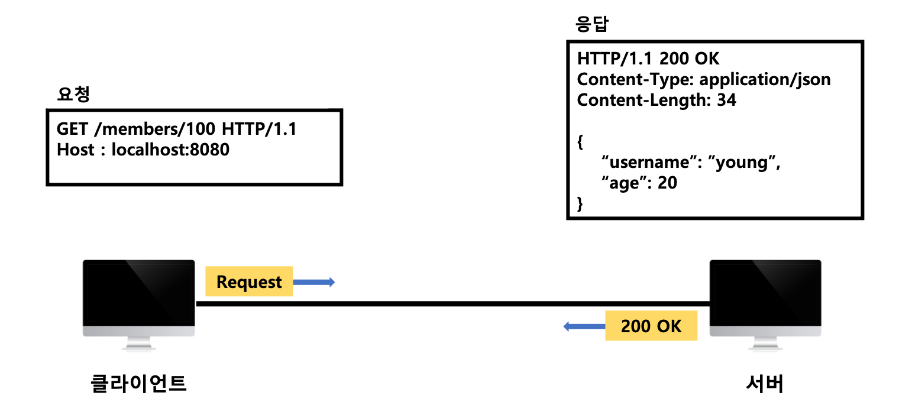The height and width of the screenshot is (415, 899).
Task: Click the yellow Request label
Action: (x=249, y=281)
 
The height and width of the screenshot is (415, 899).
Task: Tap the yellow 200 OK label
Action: (x=651, y=326)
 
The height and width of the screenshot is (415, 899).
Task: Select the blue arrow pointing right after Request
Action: (x=314, y=282)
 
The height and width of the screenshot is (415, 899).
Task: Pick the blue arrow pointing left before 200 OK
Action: (x=584, y=326)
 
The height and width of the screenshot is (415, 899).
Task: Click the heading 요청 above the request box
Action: (x=73, y=95)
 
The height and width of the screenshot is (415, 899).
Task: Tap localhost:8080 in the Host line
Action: (x=170, y=150)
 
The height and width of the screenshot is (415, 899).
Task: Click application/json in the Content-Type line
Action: (x=765, y=79)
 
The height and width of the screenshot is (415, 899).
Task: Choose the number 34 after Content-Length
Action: (x=726, y=100)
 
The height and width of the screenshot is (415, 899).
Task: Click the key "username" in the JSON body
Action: (x=651, y=163)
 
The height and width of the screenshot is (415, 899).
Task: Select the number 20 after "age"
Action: (x=667, y=183)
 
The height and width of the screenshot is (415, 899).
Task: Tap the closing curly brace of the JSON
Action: (x=580, y=203)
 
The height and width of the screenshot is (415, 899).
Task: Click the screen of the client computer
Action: (x=139, y=293)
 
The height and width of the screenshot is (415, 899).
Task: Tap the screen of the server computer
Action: (x=765, y=293)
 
